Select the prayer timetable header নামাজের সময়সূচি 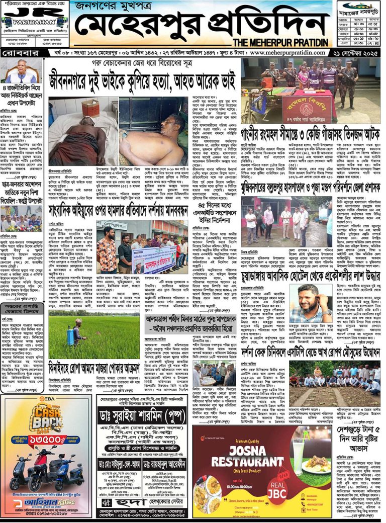(x=358, y=10)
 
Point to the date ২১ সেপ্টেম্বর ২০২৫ (x=355, y=53)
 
